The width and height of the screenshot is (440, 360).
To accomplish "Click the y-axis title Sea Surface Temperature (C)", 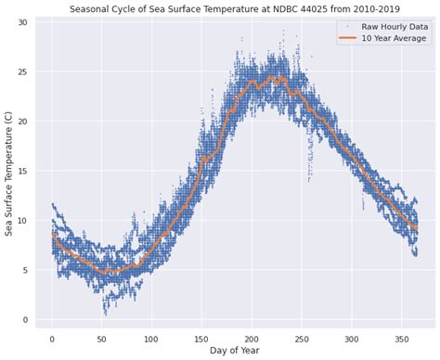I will pos(9,172).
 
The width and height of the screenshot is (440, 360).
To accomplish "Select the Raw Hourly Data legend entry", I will pos(392,28).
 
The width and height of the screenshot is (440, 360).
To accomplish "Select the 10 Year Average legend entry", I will pos(394,39).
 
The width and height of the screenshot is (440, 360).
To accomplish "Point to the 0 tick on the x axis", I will pos(52,336).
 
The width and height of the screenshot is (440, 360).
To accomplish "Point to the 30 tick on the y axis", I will pos(23,22).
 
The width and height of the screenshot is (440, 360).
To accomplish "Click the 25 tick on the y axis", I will pos(23,71).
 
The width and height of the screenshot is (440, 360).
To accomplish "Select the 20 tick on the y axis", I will pos(23,122).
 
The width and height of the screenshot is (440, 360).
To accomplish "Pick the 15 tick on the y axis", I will pos(23,171).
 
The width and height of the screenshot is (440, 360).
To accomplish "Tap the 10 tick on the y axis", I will pos(23,221).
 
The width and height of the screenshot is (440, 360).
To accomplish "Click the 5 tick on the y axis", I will pos(26,270).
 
